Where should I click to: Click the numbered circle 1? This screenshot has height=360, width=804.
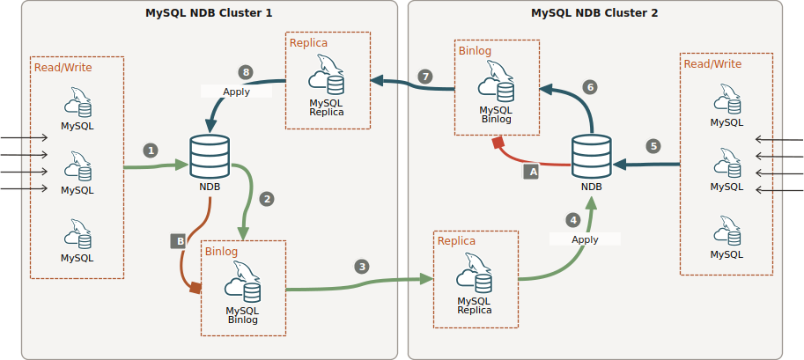(x=151, y=150)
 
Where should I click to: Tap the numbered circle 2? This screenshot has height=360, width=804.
(x=268, y=199)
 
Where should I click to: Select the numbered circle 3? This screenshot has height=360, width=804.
(x=361, y=266)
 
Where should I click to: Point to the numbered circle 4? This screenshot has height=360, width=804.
(x=573, y=220)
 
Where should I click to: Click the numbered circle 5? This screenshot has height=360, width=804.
(x=653, y=146)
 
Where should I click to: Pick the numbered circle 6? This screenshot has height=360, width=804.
(x=590, y=86)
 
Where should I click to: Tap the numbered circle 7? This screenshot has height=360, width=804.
(x=426, y=77)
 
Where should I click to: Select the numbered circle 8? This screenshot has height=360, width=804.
(x=246, y=72)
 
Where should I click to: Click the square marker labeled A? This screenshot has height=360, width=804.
(x=531, y=172)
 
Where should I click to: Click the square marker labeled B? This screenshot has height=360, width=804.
(x=179, y=240)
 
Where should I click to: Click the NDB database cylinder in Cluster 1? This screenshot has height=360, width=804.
(x=210, y=157)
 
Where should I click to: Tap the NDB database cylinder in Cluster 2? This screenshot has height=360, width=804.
(x=592, y=157)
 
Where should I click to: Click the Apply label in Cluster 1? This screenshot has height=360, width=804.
(x=236, y=92)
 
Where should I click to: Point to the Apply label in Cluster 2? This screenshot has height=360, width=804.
(x=585, y=239)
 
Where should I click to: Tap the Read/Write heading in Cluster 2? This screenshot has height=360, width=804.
(x=712, y=64)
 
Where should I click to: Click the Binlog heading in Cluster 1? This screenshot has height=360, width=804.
(x=221, y=252)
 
